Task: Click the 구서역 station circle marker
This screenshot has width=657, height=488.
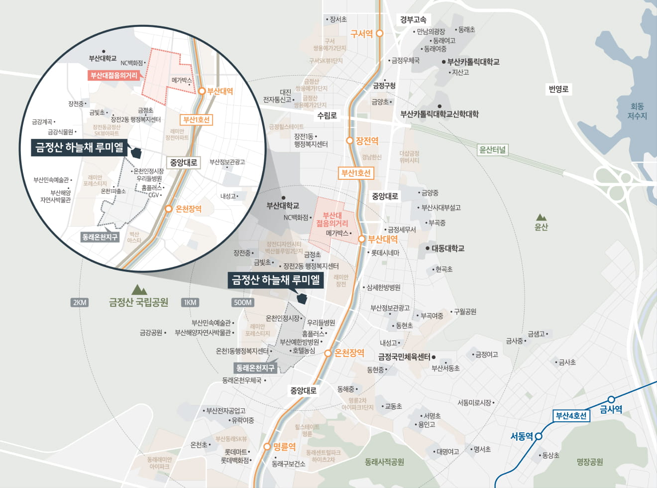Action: [379, 33]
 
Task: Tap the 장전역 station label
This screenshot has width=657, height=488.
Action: [367, 141]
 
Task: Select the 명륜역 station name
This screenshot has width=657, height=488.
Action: [284, 447]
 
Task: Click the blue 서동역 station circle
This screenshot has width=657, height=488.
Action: [538, 436]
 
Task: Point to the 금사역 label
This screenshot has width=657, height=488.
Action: [611, 409]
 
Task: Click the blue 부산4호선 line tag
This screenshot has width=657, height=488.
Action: [571, 416]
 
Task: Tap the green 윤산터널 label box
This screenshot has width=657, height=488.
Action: [492, 149]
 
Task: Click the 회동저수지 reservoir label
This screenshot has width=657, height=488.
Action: [637, 111]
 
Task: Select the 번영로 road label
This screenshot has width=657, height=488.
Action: [558, 89]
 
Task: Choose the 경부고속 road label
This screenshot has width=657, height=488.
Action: [413, 20]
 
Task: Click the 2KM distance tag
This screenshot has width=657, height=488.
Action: [80, 302]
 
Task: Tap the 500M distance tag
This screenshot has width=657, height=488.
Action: [242, 302]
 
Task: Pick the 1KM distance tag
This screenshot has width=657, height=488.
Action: [190, 302]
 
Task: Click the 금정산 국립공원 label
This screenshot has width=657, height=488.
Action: [138, 302]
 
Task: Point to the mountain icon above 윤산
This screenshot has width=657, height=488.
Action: [541, 217]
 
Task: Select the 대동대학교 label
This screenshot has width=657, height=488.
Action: [447, 248]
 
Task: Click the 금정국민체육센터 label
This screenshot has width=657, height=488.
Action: [404, 357]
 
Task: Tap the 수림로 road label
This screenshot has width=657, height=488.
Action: [327, 116]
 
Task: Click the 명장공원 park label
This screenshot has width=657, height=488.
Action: [590, 462]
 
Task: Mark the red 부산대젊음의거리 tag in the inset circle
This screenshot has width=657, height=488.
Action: [113, 76]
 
